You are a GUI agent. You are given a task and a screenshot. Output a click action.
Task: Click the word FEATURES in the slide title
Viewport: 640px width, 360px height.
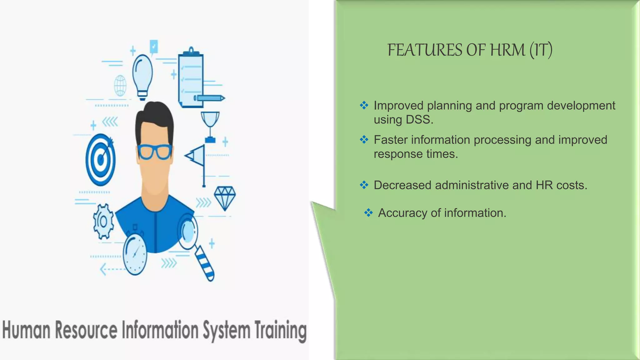click(425, 50)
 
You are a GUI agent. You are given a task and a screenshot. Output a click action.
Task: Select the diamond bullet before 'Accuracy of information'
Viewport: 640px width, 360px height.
click(368, 213)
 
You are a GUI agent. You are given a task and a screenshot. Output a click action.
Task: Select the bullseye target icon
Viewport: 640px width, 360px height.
click(101, 159)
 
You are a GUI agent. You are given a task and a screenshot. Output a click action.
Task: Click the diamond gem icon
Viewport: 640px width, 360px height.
click(225, 198)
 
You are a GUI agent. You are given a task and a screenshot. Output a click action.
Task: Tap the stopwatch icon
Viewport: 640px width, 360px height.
click(135, 255)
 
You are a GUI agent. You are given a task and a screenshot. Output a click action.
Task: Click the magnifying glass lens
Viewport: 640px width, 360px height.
click(188, 232)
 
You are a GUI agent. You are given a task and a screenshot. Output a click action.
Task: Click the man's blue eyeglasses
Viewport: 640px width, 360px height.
click(154, 152)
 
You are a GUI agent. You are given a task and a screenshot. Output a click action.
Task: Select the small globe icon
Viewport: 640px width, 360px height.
click(120, 85)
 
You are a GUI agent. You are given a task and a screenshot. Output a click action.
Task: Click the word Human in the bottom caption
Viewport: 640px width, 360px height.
click(26, 330)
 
